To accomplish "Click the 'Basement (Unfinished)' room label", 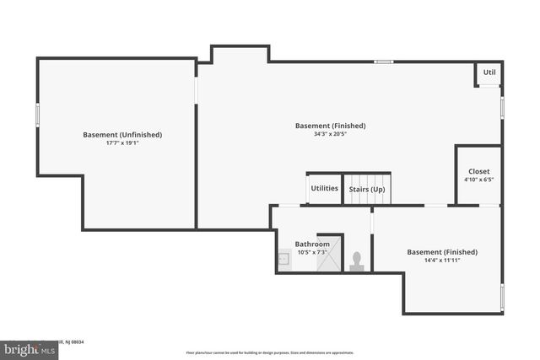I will (122, 134).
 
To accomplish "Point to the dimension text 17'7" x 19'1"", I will (122, 142).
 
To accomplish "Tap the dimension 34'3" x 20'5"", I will (330, 134).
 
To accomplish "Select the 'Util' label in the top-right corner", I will (489, 73).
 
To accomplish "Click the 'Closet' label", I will (478, 171).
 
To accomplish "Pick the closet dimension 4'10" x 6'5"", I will (478, 180).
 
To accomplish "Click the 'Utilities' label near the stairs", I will (324, 188).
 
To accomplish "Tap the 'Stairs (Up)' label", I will (367, 189).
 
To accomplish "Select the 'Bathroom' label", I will (311, 244).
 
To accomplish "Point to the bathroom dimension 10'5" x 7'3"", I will (311, 252).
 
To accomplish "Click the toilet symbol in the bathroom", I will (356, 261).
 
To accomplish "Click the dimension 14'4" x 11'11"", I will (442, 261).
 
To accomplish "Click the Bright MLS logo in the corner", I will (30, 347).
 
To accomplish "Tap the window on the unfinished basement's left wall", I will (37, 115).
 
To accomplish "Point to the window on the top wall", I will (383, 61).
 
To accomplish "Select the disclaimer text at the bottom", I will (270, 352).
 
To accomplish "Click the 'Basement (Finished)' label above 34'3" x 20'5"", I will (330, 126).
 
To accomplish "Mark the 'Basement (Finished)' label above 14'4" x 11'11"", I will (442, 251).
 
